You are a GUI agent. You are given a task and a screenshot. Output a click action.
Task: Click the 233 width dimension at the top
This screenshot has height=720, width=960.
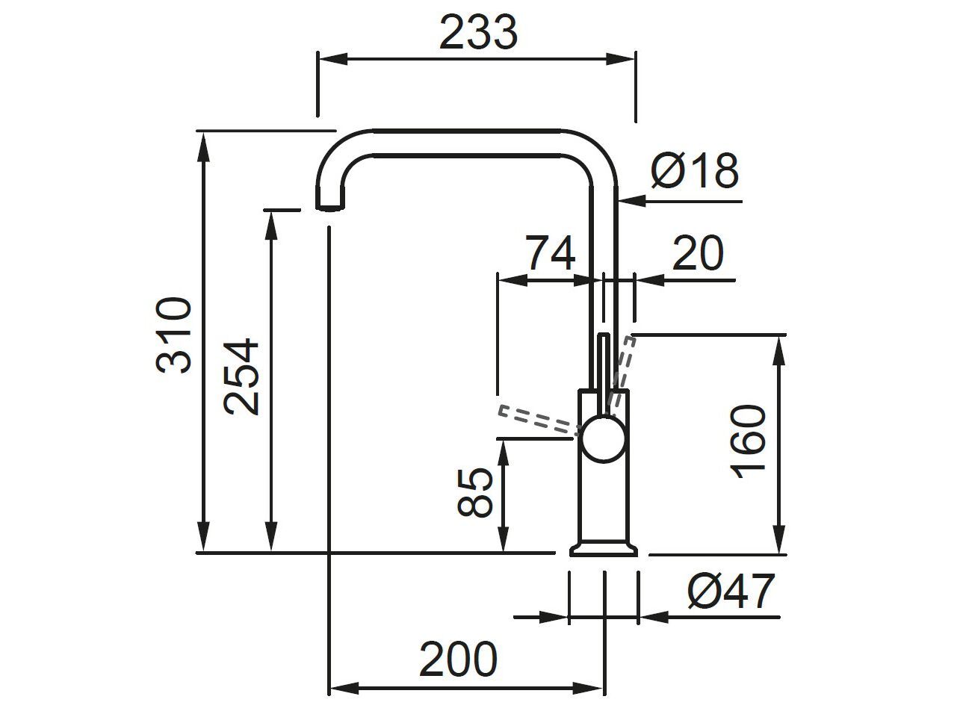tap(478, 32)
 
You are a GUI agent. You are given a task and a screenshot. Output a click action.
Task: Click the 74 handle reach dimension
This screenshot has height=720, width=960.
tap(551, 253)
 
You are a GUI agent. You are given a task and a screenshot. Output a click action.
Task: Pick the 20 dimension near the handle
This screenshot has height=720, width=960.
tap(698, 253)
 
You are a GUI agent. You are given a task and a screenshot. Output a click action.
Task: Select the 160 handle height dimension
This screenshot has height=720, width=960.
tap(749, 442)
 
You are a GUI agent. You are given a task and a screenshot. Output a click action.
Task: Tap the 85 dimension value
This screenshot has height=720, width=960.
tap(476, 493)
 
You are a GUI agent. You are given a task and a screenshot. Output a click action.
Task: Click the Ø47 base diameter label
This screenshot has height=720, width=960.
tap(731, 592)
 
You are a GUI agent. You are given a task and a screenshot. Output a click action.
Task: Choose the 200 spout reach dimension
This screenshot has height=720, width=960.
tap(458, 659)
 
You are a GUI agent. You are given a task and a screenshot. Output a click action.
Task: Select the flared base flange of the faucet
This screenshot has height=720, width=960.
tap(604, 549)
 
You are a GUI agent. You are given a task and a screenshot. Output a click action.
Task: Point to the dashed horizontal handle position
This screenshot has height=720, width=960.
tap(538, 419)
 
